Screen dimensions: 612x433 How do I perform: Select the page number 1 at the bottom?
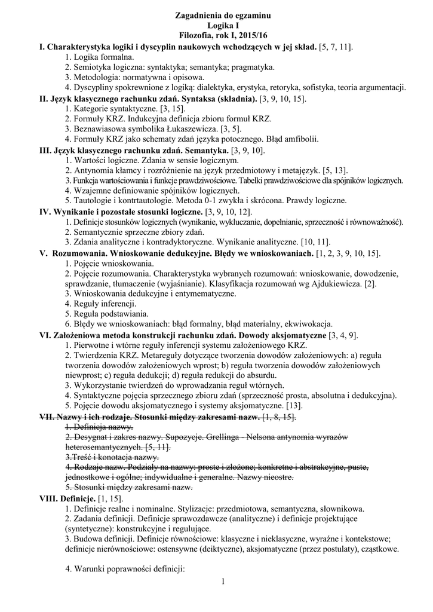pyautogui.click(x=222, y=582)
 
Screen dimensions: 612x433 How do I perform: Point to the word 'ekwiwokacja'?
pyautogui.click(x=306, y=324)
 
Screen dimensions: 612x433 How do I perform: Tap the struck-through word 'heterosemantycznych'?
pyautogui.click(x=104, y=446)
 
